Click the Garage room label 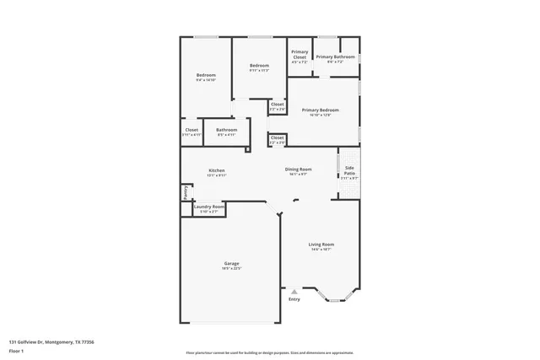pos(232,263)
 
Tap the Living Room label pos(321,244)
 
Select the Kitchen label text pos(217,170)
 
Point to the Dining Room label pos(298,169)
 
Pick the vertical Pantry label pos(185,191)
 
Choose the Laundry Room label pos(209,207)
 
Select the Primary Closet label pos(300,54)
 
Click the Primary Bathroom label pos(335,56)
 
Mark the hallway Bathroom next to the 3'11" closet pos(227,130)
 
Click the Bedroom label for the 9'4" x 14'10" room pos(207,75)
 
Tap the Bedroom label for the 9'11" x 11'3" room pos(258,66)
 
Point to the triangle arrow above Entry pos(294,291)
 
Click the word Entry pos(294,299)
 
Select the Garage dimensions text pos(232,268)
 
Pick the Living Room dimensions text pos(321,249)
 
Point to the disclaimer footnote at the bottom pos(269,352)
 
